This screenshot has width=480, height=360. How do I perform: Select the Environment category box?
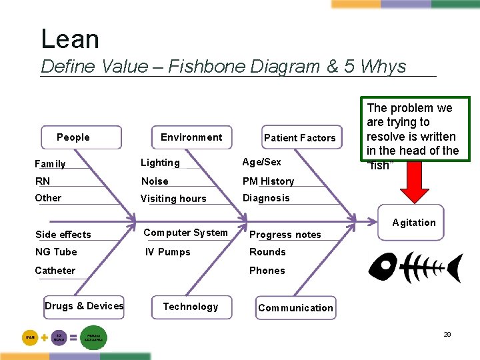click(x=191, y=137)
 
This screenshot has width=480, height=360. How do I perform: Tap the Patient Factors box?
click(x=300, y=138)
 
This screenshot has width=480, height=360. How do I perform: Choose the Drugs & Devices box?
click(x=84, y=306)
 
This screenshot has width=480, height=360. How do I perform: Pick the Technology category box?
click(x=191, y=307)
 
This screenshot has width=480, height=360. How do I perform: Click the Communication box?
click(x=295, y=308)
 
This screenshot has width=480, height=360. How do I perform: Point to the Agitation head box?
click(x=414, y=223)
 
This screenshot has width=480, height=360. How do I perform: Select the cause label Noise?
click(x=155, y=181)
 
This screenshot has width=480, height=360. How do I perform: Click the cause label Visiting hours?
click(x=173, y=199)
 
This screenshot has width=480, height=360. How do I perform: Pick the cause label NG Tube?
click(x=56, y=252)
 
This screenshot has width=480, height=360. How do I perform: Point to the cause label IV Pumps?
click(x=168, y=252)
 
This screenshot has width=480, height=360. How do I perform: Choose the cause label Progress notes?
click(x=285, y=235)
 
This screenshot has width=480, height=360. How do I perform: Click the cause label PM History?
click(x=268, y=181)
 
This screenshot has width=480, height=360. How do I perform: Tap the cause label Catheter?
click(x=55, y=271)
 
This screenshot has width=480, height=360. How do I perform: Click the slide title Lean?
click(x=70, y=39)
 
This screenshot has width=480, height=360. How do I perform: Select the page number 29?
click(x=447, y=335)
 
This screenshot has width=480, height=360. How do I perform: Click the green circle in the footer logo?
click(x=93, y=337)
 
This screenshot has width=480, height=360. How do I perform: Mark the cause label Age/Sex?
click(x=262, y=162)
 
